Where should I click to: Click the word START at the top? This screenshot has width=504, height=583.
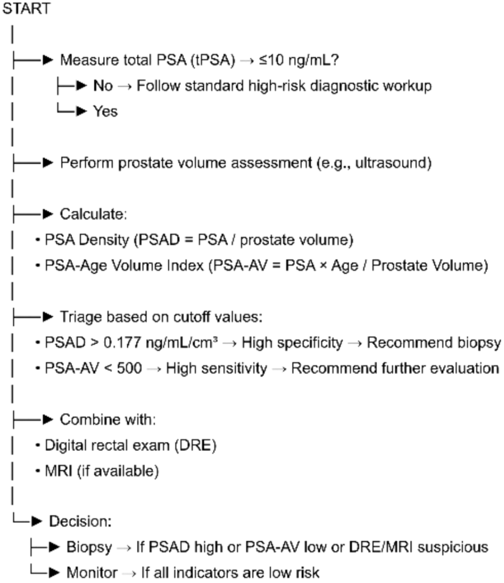tap(26, 8)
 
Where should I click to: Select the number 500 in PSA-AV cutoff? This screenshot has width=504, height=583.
tap(129, 368)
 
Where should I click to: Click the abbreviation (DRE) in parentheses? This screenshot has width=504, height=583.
tap(195, 445)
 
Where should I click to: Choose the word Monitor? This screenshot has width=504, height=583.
tap(92, 573)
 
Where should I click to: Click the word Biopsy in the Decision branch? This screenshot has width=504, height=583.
tap(89, 547)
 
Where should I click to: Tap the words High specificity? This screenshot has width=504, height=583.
tap(292, 343)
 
